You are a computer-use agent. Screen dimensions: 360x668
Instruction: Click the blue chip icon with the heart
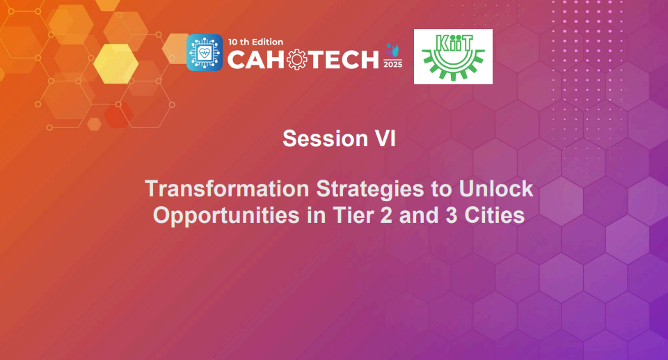205,53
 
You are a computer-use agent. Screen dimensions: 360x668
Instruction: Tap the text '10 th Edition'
255,42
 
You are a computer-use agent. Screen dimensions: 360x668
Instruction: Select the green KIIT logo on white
453,56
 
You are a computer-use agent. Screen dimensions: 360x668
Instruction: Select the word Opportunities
225,214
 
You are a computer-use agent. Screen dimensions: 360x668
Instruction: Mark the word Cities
494,214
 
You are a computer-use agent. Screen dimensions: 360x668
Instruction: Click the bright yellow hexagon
116,64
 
